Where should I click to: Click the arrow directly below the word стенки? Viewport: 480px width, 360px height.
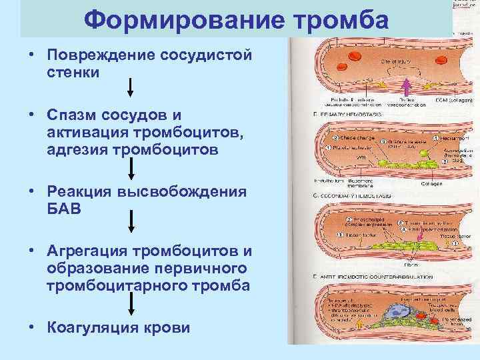pyautogui.click(x=131, y=87)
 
